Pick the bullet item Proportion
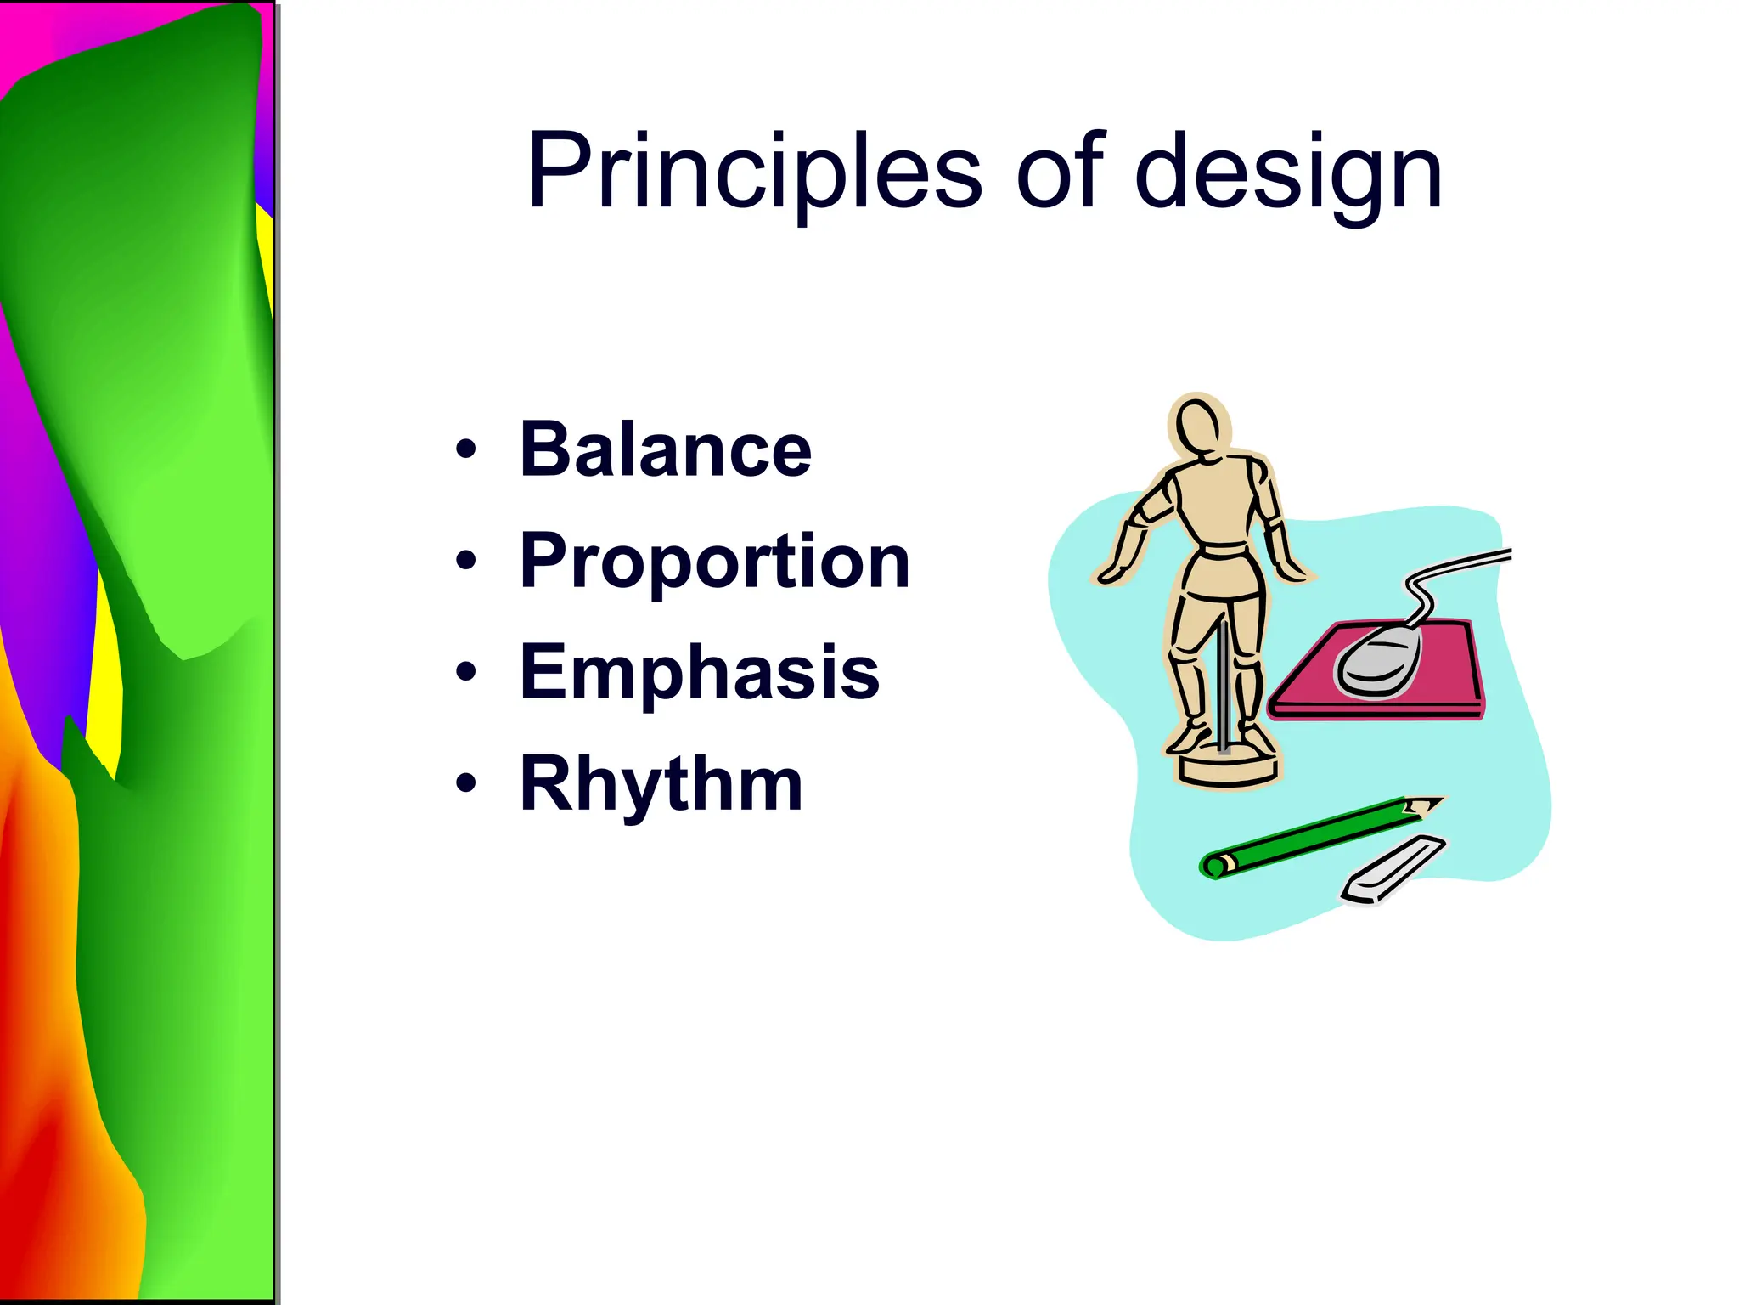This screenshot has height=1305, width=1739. [714, 561]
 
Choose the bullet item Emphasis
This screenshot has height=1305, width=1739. [699, 672]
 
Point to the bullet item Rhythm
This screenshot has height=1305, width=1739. [661, 784]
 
